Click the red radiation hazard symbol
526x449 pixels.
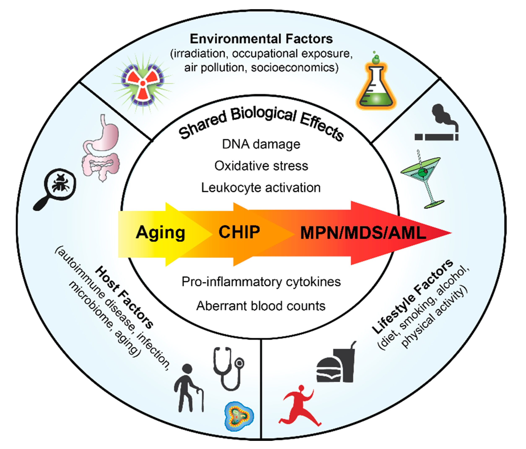pos(143,83)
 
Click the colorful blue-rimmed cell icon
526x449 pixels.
pos(239,416)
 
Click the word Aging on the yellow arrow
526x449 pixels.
pos(161,232)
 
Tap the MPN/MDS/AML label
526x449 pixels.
pos(363,233)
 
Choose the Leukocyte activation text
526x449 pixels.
pos(261,188)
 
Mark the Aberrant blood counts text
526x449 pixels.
pos(261,306)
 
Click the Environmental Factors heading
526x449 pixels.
pos(261,39)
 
